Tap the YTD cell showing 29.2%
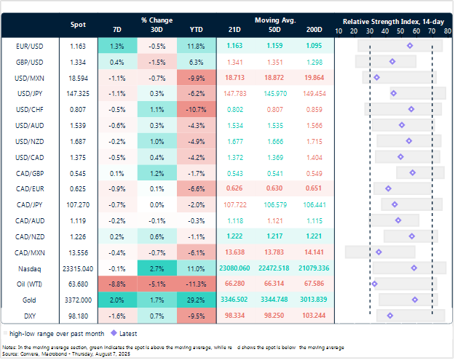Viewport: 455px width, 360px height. pos(196,299)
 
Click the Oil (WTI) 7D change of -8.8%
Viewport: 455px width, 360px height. pos(117,283)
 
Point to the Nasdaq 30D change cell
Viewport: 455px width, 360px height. pos(156,268)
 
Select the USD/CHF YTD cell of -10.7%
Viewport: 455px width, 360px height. pos(196,109)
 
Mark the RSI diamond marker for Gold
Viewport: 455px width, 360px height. pos(414,299)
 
